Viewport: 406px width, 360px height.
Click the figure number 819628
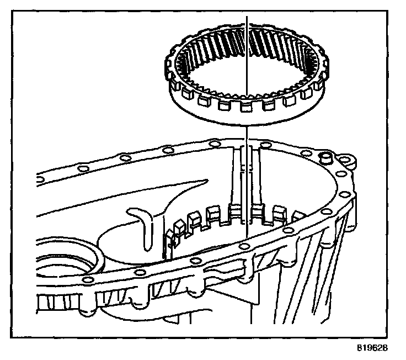pos(373,349)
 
